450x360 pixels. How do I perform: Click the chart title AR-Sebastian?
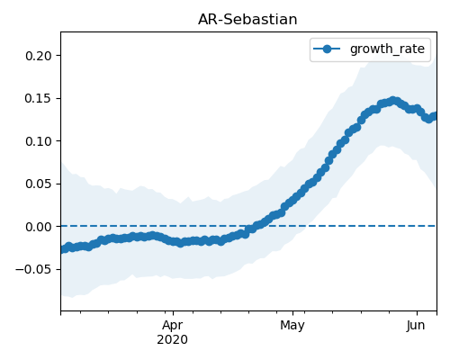(247, 20)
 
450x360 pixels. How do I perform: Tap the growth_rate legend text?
(387, 49)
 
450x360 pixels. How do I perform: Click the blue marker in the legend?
(327, 49)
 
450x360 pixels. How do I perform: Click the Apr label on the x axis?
(173, 326)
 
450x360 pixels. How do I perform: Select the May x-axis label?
(292, 326)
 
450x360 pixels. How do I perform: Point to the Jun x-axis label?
(416, 326)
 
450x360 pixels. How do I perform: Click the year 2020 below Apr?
(173, 339)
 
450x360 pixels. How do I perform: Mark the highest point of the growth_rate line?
(392, 101)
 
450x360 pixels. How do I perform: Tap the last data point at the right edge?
(435, 116)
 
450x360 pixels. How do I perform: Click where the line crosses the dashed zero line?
(254, 226)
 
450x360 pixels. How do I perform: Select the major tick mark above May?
(292, 313)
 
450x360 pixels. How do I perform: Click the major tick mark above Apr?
(173, 313)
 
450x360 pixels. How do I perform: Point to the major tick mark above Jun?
(417, 313)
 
